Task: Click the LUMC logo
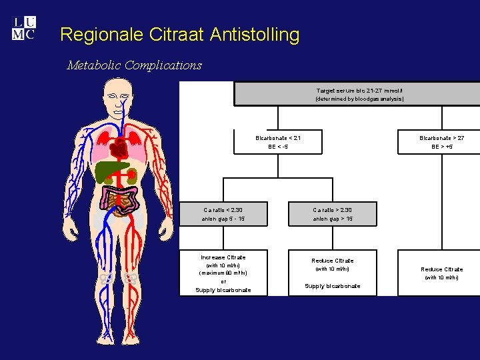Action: click(x=24, y=29)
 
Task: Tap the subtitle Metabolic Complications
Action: click(x=134, y=65)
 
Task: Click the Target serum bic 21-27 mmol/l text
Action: click(x=359, y=90)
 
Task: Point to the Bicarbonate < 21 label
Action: click(x=278, y=138)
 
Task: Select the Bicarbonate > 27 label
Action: click(x=441, y=138)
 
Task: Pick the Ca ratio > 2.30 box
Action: click(x=333, y=214)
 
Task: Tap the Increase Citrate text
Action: click(x=223, y=257)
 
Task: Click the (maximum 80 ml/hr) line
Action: click(x=223, y=273)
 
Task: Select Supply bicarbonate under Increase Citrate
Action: click(x=223, y=290)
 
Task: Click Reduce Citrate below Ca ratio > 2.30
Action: click(x=333, y=261)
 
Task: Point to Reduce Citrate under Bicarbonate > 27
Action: click(x=441, y=269)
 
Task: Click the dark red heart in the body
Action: click(x=120, y=148)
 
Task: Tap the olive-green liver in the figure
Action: click(x=110, y=172)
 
